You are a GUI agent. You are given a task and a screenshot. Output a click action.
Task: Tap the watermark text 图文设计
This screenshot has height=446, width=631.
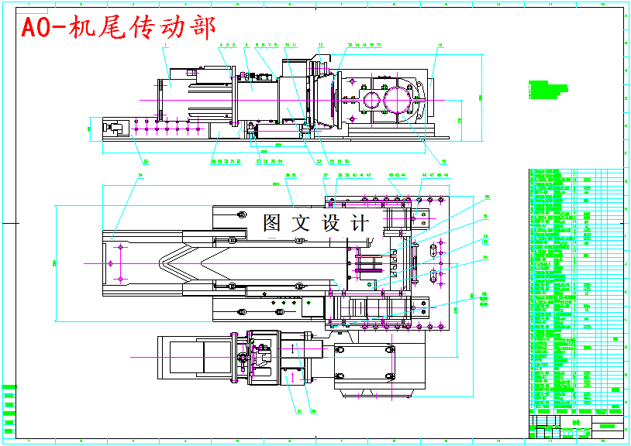315,224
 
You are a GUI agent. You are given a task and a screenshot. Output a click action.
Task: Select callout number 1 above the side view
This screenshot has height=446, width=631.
165,46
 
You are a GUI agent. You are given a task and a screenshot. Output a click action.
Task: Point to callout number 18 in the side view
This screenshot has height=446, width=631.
440,46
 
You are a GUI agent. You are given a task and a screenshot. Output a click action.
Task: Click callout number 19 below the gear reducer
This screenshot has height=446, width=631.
444,162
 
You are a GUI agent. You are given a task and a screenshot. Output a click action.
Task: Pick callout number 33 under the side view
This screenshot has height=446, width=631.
144,162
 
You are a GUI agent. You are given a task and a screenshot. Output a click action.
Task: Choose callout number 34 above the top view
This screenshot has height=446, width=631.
140,176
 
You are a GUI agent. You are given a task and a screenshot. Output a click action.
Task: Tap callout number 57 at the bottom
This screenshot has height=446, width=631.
299,411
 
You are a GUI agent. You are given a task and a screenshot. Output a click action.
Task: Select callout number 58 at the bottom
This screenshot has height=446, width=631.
312,411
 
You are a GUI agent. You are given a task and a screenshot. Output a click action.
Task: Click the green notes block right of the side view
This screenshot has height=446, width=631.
542,89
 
